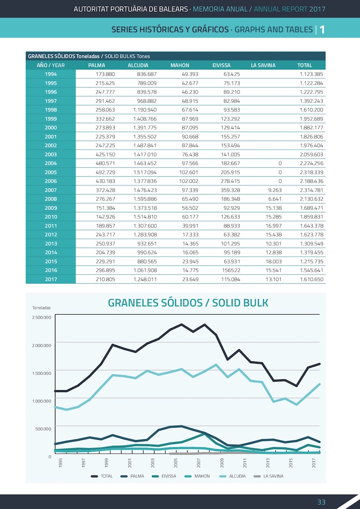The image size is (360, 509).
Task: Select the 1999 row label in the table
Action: point(51,119)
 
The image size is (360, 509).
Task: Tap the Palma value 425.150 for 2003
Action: point(105,154)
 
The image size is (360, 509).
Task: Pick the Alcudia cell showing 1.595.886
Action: point(145,199)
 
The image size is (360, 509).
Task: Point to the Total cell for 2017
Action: point(311,279)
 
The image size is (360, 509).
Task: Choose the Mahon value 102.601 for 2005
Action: point(189,172)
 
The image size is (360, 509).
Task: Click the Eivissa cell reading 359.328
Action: point(230,190)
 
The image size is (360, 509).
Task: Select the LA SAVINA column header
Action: point(263,65)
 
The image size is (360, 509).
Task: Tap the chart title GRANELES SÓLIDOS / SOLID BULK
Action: point(188,303)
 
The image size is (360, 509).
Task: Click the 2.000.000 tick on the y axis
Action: point(41,345)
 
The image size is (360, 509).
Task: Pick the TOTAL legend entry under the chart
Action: point(102,476)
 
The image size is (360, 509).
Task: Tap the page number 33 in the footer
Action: point(321,501)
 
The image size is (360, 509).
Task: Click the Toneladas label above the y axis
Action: point(41,308)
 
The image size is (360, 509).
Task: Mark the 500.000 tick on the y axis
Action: point(44,428)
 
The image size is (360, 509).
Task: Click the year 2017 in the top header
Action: point(317,9)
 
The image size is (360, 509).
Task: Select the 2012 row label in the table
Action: point(51,235)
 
